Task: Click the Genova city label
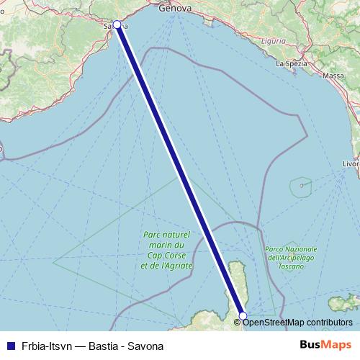pyautogui.click(x=176, y=8)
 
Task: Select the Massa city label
pyautogui.click(x=333, y=75)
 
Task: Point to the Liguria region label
pyautogui.click(x=273, y=41)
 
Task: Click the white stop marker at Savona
pyautogui.click(x=117, y=24)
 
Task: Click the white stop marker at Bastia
pyautogui.click(x=243, y=315)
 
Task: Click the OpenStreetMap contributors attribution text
pyautogui.click(x=298, y=323)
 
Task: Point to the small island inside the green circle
pyautogui.click(x=302, y=185)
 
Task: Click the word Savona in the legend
pyautogui.click(x=146, y=346)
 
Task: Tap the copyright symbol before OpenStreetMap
pyautogui.click(x=238, y=323)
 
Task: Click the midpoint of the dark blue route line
pyautogui.click(x=180, y=170)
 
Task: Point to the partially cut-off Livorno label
pyautogui.click(x=351, y=164)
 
